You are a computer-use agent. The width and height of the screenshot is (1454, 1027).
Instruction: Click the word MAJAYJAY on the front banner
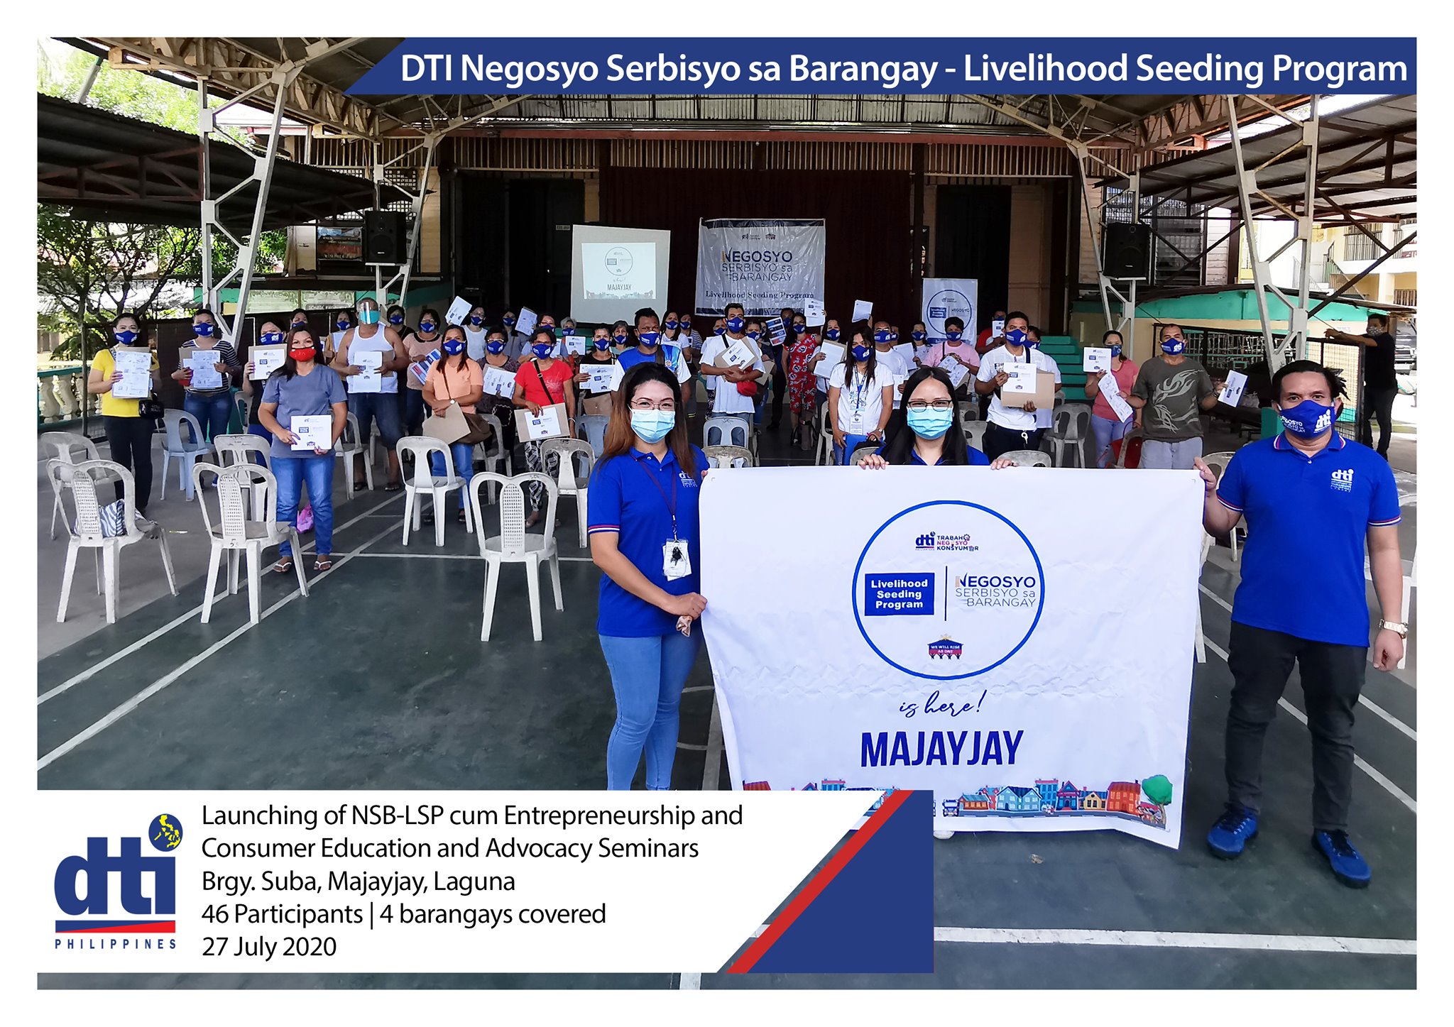click(x=941, y=749)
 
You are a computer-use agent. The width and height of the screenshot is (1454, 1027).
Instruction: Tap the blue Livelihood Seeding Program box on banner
click(x=899, y=593)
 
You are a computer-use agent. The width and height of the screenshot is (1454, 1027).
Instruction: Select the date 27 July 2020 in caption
click(x=269, y=947)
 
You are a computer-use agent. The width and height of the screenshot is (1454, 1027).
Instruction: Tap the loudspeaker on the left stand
click(x=385, y=237)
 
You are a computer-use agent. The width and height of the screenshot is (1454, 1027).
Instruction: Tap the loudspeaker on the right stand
click(x=1125, y=250)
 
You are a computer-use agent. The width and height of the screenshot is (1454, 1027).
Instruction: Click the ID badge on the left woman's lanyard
click(x=677, y=559)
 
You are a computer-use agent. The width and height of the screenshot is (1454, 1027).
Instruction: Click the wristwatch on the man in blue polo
click(x=1393, y=627)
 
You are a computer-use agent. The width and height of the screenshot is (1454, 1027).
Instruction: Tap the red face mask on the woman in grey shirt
click(x=302, y=353)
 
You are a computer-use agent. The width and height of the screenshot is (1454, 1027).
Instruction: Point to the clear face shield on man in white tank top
click(x=368, y=312)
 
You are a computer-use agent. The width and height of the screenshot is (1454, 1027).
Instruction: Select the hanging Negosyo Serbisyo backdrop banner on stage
click(x=760, y=266)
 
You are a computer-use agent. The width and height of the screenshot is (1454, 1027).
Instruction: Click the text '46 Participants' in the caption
click(x=282, y=914)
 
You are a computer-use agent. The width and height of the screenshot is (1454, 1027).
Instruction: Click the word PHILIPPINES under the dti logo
click(x=116, y=944)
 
